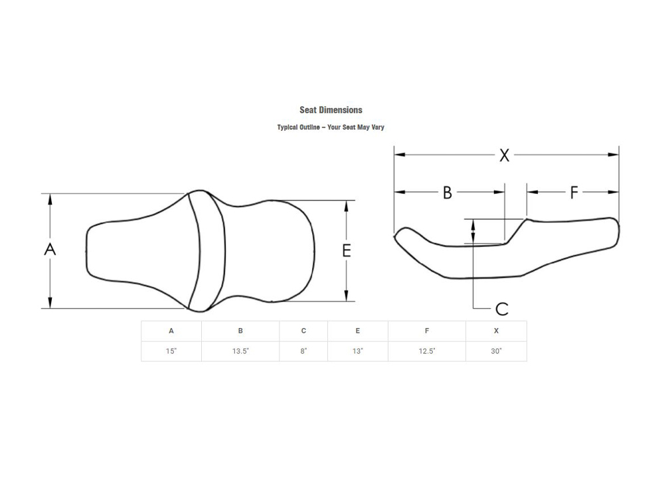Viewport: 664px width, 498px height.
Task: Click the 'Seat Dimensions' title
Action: [x=331, y=110]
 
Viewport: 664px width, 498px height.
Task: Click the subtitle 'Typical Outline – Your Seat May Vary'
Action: [x=331, y=127]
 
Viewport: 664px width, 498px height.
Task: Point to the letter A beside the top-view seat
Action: [x=50, y=250]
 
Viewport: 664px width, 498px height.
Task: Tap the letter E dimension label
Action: [x=347, y=250]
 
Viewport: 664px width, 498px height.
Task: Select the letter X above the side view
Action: [x=505, y=155]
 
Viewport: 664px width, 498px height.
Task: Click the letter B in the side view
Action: [x=448, y=193]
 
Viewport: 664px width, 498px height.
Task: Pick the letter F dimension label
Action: [x=574, y=193]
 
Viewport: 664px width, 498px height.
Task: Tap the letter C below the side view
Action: [x=502, y=309]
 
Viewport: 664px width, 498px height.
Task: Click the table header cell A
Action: [x=171, y=331]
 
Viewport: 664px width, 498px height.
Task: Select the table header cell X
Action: [x=496, y=331]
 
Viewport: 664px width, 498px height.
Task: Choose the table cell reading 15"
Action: [x=171, y=351]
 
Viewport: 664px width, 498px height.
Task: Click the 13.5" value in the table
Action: [x=240, y=351]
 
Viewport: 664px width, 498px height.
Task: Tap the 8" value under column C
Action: [x=303, y=351]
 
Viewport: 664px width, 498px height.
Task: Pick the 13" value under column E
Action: [x=358, y=351]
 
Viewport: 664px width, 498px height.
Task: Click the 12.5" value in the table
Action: [x=427, y=351]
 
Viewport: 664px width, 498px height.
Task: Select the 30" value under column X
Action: [x=496, y=351]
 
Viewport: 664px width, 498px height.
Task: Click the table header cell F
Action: [x=427, y=331]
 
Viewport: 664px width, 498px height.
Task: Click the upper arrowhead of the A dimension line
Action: [x=50, y=198]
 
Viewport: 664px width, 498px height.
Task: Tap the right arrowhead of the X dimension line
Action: [x=614, y=155]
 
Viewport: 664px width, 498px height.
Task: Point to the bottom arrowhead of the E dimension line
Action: [x=347, y=297]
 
